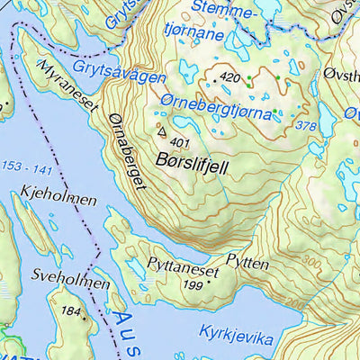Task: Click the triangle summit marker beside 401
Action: (x=162, y=131)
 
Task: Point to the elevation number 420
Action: (x=230, y=78)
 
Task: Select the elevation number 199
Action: (x=192, y=285)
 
